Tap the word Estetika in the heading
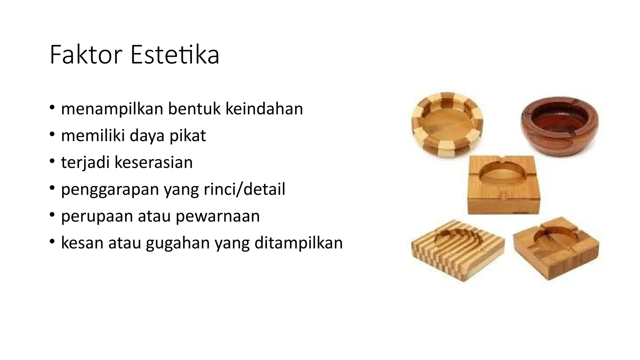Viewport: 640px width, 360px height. (175, 55)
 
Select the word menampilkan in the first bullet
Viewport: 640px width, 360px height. (112, 109)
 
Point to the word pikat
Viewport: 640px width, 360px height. (187, 136)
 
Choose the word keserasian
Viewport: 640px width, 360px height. (153, 162)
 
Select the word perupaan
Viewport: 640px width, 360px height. (97, 216)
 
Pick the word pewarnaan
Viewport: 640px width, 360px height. (217, 216)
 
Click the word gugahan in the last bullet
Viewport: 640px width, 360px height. (177, 243)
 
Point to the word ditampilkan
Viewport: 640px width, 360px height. (298, 243)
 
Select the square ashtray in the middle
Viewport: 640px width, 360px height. (504, 184)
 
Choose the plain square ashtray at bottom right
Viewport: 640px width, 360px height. (556, 247)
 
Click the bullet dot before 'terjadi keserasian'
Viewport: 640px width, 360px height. (52, 162)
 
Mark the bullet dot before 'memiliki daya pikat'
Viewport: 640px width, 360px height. (52, 135)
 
